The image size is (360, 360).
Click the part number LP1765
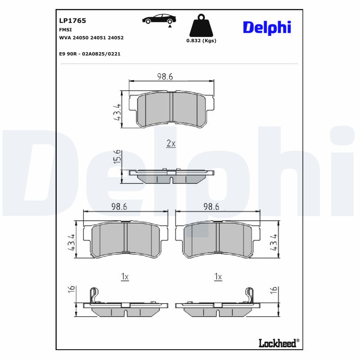point(72,21)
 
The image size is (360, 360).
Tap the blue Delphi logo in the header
point(267,27)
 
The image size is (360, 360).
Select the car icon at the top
point(159,19)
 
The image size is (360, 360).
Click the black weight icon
point(201,27)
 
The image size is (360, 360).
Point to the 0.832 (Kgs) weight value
point(201,40)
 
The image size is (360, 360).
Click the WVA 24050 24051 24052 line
point(91,38)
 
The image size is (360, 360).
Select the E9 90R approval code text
point(90,54)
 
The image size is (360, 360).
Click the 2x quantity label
point(171,144)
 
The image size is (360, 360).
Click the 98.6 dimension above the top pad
point(165,76)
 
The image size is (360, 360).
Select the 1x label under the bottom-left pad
point(125,277)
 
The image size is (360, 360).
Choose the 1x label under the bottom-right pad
point(218,277)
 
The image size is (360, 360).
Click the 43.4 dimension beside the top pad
point(117,112)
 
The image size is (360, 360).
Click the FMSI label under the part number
point(65,29)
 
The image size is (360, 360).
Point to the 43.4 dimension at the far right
point(273,243)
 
